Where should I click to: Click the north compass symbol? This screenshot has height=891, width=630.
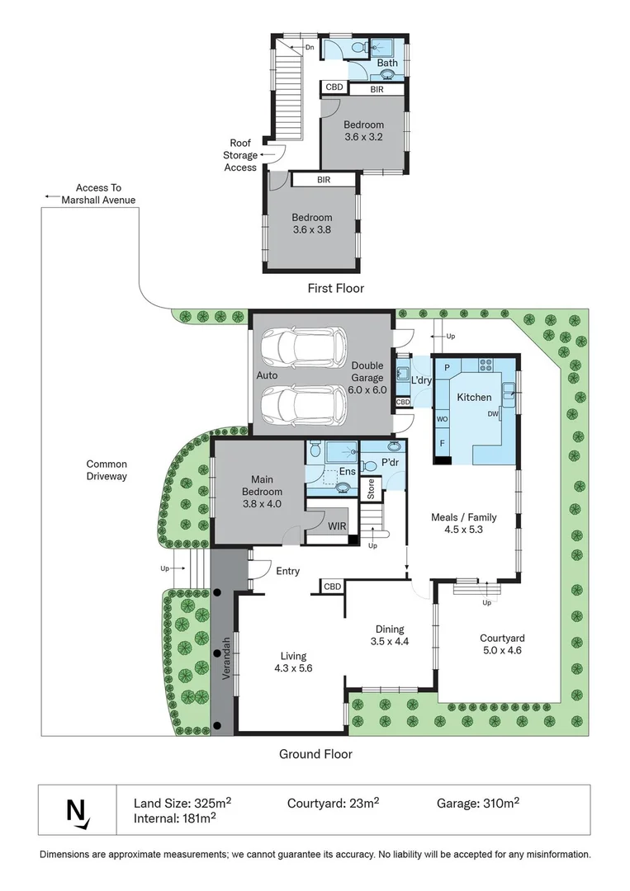point(78,811)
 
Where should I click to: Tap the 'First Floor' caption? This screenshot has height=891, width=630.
point(335,288)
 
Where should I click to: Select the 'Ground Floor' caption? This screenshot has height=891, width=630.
point(315,754)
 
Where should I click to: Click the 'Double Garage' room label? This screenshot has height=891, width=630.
point(367,371)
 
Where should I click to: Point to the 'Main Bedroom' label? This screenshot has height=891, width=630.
point(262,486)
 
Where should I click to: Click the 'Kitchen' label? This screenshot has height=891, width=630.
point(474,397)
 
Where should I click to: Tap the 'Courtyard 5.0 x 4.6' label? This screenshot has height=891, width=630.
point(502,643)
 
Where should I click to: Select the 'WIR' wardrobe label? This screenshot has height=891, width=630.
point(337,526)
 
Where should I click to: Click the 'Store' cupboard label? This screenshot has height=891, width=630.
point(371,489)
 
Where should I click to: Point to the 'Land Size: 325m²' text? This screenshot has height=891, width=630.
point(182,803)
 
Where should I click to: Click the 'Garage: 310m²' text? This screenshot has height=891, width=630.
point(478,803)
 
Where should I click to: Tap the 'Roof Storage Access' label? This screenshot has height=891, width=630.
point(240,155)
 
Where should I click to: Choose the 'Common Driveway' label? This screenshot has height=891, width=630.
point(107,470)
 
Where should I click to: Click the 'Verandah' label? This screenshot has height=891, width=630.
point(225,658)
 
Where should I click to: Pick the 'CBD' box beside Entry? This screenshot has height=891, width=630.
point(332,587)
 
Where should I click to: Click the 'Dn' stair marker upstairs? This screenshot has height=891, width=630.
point(310,47)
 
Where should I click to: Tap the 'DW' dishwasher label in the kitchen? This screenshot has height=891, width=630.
point(493,413)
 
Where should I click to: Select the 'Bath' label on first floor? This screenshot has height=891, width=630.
point(387,63)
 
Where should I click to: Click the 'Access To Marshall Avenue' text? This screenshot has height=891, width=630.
point(98,194)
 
